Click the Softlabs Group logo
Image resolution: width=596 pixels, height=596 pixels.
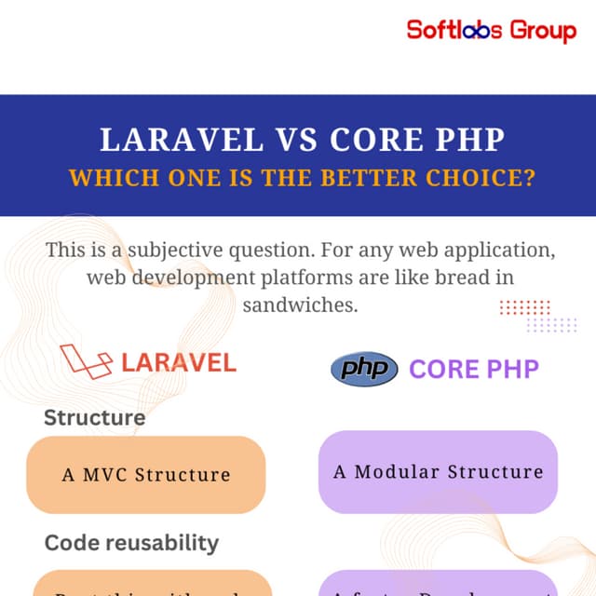(492, 30)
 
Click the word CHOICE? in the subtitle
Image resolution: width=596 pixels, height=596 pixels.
(473, 177)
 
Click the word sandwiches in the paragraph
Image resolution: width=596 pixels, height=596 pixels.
(300, 305)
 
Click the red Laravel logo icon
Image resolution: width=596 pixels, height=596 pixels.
(86, 360)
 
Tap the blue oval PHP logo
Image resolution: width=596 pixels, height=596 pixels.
(364, 369)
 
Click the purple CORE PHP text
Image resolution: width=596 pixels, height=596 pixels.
(474, 369)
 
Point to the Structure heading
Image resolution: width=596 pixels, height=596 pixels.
(94, 417)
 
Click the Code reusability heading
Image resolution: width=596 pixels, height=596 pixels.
(131, 542)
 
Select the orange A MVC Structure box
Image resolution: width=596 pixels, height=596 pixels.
(146, 474)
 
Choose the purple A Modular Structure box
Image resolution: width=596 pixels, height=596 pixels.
(438, 471)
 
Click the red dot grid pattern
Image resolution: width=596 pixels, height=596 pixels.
(525, 307)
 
